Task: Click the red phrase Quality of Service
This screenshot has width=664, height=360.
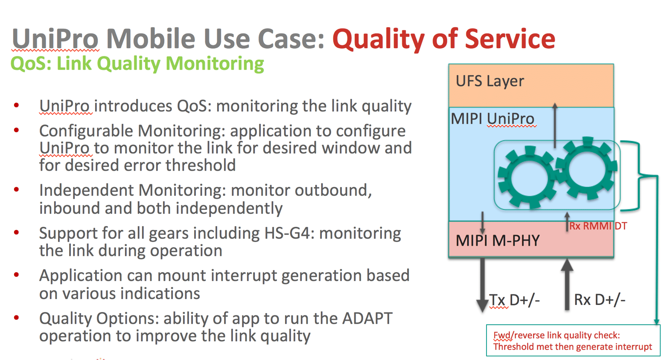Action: tap(443, 38)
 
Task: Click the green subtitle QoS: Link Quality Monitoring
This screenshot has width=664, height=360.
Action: tap(137, 64)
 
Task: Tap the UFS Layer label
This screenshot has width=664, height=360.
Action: tap(489, 81)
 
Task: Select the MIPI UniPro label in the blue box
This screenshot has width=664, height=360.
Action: tap(492, 119)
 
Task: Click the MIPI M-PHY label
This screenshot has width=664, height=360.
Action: tap(497, 241)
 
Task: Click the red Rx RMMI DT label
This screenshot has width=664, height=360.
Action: tap(598, 226)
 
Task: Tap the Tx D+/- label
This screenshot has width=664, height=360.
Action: tap(514, 300)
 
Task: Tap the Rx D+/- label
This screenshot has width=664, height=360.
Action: tap(599, 300)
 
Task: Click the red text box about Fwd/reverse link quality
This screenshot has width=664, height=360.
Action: tap(573, 341)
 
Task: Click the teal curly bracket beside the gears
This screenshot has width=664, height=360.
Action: tap(636, 175)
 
